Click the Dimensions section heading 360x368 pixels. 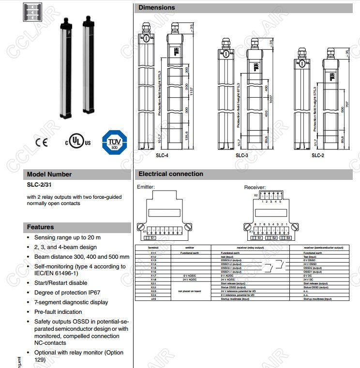click(157, 8)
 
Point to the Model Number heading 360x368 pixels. click(49, 174)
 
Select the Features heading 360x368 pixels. click(40, 227)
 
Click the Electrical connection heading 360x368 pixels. click(171, 174)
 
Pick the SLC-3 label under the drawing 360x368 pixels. click(242, 155)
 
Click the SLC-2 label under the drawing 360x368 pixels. click(318, 155)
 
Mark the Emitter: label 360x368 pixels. click(146, 187)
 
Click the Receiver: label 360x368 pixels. click(255, 187)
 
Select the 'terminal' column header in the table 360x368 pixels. click(152, 247)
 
